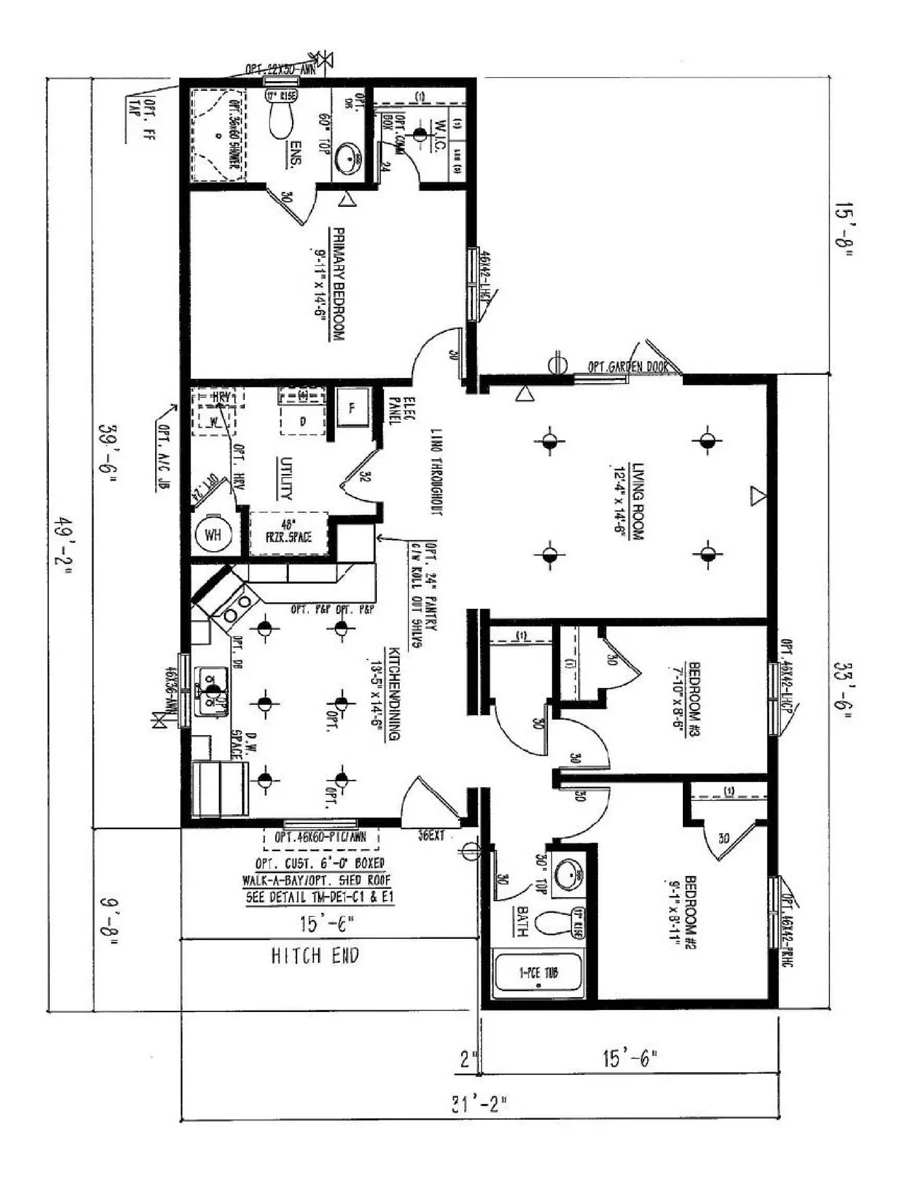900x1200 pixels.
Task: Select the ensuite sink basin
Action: [x=348, y=158]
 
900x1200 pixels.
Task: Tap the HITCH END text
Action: [x=315, y=955]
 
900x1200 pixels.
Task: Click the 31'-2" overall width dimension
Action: [x=480, y=1104]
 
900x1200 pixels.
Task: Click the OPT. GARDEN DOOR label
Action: [x=628, y=367]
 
